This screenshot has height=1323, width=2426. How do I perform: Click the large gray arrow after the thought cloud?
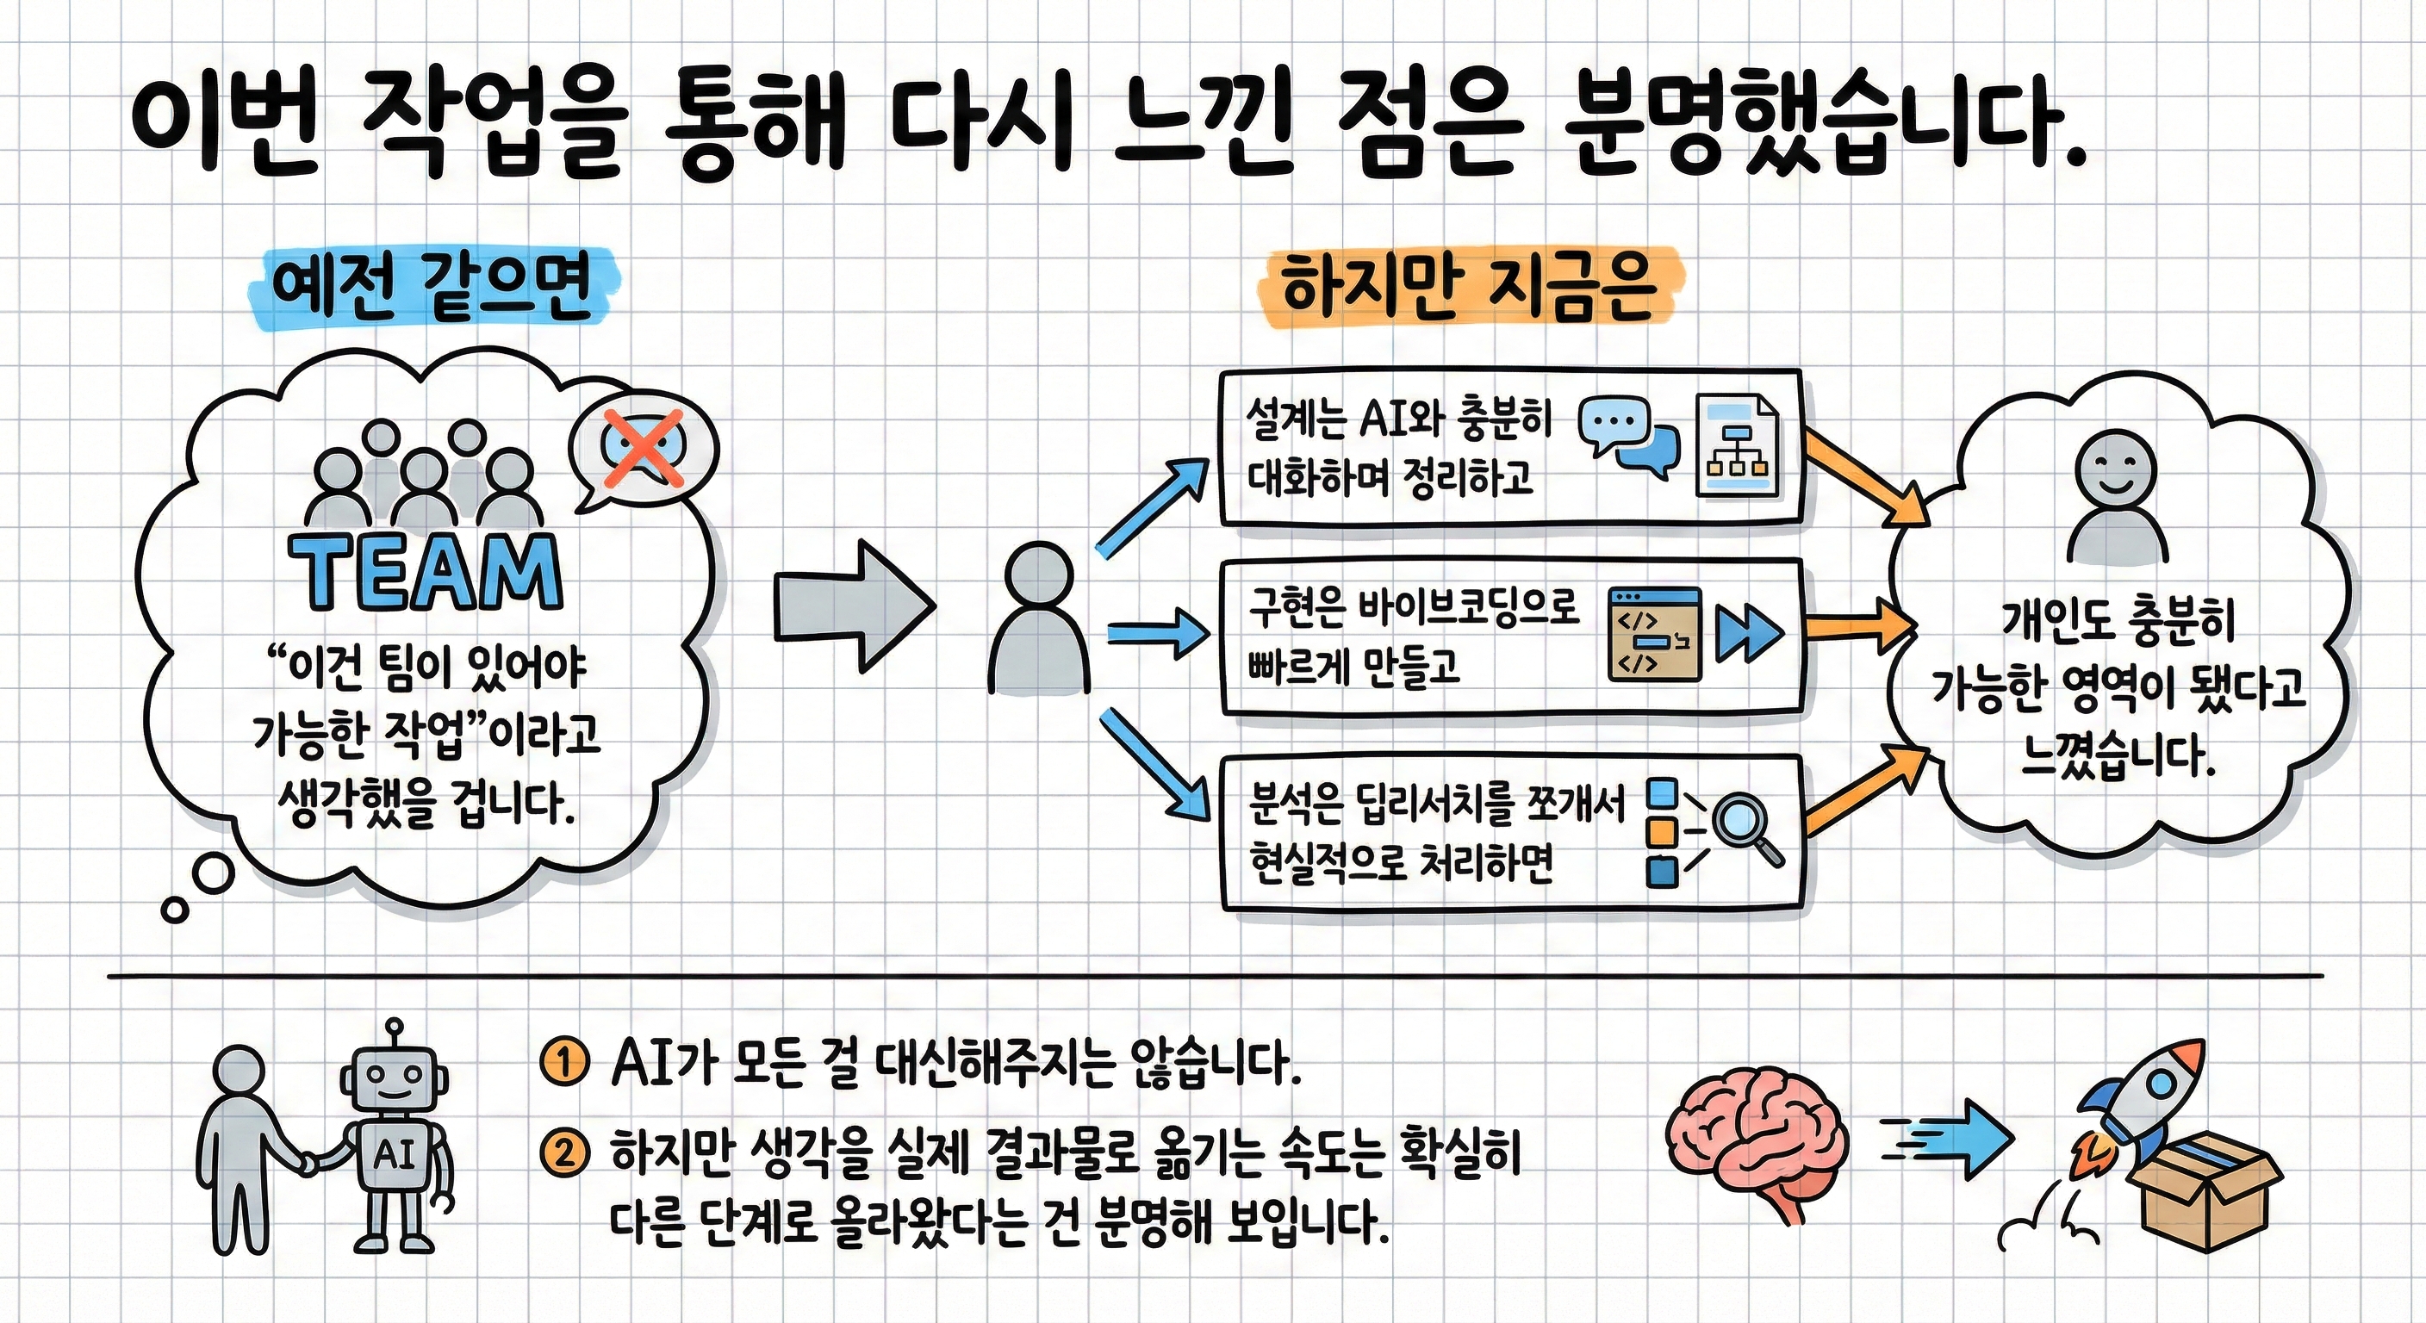point(853,606)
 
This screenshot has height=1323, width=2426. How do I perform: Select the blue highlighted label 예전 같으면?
point(432,286)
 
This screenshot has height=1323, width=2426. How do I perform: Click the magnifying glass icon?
point(1746,829)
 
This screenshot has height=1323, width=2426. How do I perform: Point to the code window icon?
point(1655,635)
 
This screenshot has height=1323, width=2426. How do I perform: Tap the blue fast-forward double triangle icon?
point(1749,633)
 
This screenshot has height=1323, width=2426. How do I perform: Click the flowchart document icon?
point(1738,445)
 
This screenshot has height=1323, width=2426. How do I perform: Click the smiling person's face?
point(2115,467)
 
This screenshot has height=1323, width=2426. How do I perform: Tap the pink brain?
point(1757,1141)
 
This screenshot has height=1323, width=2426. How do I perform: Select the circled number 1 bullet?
point(564,1064)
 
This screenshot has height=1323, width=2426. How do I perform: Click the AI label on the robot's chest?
point(394,1155)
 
